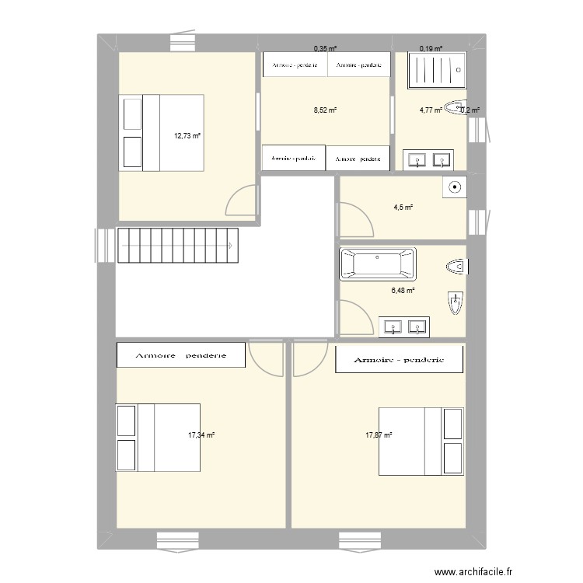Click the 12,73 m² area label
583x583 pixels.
(x=187, y=135)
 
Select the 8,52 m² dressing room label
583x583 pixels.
(x=325, y=110)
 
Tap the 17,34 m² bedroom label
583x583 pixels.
(x=201, y=435)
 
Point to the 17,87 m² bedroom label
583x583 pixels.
(x=379, y=435)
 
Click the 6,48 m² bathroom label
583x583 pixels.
(x=403, y=291)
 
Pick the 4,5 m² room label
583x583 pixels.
(x=402, y=207)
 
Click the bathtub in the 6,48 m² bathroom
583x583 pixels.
(x=378, y=263)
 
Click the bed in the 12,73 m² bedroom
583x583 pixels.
(x=162, y=132)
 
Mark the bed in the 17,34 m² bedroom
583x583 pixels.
(x=159, y=437)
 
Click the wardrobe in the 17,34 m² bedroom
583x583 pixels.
(x=180, y=355)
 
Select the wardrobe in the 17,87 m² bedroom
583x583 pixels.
(x=399, y=360)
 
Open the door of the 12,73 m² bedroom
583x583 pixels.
(x=241, y=201)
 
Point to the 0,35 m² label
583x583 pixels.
(x=325, y=48)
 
